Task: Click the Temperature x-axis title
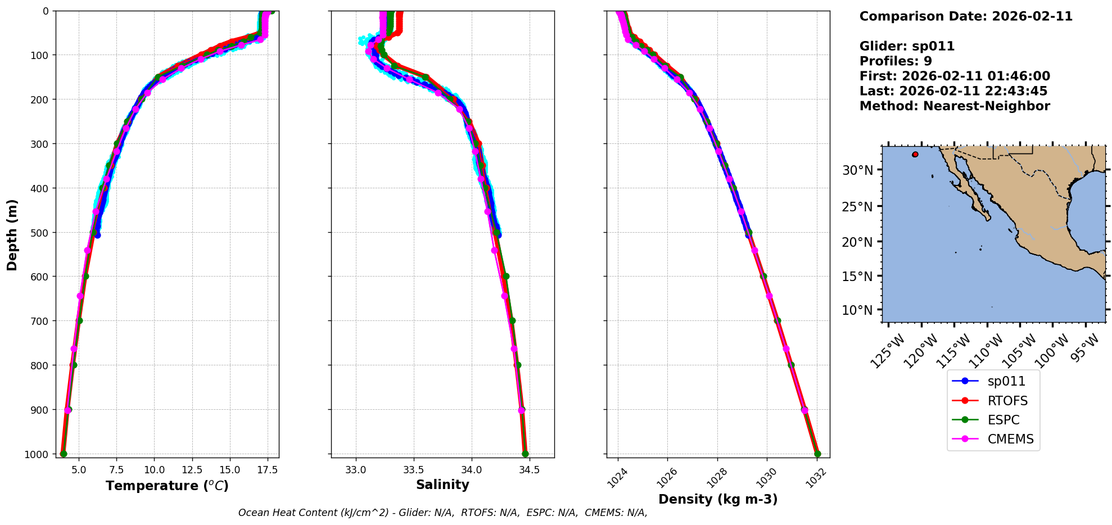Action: [x=167, y=486]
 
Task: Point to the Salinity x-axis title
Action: [x=442, y=485]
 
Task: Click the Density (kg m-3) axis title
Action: [x=718, y=499]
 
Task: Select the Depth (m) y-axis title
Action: [x=12, y=234]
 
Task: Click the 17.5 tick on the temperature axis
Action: [x=267, y=470]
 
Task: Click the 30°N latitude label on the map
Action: [x=857, y=170]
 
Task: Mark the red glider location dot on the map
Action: [x=915, y=154]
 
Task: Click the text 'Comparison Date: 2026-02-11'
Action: [x=966, y=16]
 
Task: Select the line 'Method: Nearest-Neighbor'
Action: [x=955, y=106]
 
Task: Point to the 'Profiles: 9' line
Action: [x=896, y=61]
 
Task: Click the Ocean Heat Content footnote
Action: [x=442, y=513]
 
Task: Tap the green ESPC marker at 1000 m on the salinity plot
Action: [x=525, y=454]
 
